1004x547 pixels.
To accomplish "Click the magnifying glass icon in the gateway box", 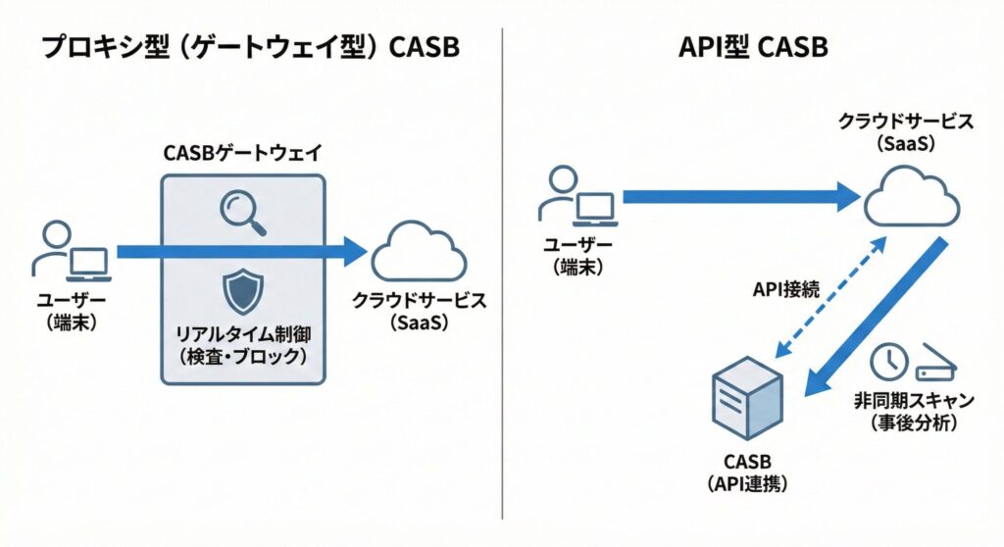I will (242, 212).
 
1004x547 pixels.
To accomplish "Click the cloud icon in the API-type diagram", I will (911, 196).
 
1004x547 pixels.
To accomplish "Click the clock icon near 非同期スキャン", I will (889, 362).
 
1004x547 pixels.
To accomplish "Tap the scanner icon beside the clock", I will (933, 365).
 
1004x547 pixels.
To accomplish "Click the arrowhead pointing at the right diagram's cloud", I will (846, 196).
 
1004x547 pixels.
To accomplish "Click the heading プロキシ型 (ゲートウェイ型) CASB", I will (250, 48).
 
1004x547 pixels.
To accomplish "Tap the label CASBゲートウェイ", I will (242, 154).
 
